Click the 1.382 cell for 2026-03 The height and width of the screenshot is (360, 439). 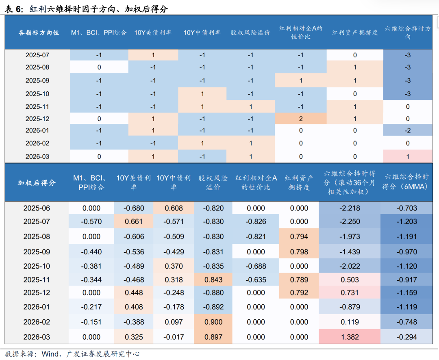(349, 337)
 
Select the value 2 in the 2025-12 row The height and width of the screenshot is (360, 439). (301, 119)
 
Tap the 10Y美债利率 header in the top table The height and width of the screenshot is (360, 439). (153, 32)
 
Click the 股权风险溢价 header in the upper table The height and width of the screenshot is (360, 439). (250, 32)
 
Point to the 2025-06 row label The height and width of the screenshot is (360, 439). (37, 208)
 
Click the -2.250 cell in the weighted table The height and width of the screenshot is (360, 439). (349, 221)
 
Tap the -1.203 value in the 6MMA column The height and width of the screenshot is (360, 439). (406, 221)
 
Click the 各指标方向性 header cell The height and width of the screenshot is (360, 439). (39, 32)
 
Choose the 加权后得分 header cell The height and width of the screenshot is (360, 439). (37, 183)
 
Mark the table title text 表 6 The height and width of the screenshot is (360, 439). (15, 9)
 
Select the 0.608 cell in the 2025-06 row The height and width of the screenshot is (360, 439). (174, 208)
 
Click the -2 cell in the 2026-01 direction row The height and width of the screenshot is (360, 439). (408, 130)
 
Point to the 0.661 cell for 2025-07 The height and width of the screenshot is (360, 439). (134, 221)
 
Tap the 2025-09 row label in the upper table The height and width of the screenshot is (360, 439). (37, 80)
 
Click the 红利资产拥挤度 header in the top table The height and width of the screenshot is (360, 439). (355, 32)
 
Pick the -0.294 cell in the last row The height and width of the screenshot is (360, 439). (406, 337)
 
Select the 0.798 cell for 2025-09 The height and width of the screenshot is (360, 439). (299, 252)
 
